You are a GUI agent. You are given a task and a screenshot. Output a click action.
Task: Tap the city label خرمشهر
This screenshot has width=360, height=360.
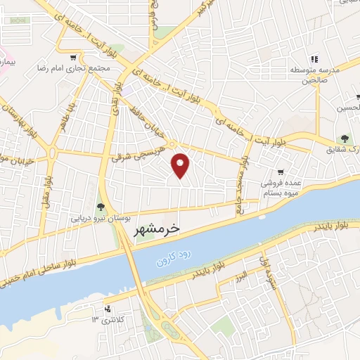[156, 229]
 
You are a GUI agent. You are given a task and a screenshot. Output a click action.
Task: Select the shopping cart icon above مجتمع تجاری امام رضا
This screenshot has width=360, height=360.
[74, 57]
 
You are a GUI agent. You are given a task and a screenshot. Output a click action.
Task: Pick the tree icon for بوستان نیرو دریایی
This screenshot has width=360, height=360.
[100, 205]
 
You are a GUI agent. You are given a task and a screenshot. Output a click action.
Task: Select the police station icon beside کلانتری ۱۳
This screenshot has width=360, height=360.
[107, 309]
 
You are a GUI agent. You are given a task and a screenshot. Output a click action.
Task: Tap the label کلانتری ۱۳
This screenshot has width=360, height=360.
[106, 320]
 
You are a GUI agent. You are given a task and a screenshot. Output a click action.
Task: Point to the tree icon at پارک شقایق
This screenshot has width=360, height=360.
[345, 139]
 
